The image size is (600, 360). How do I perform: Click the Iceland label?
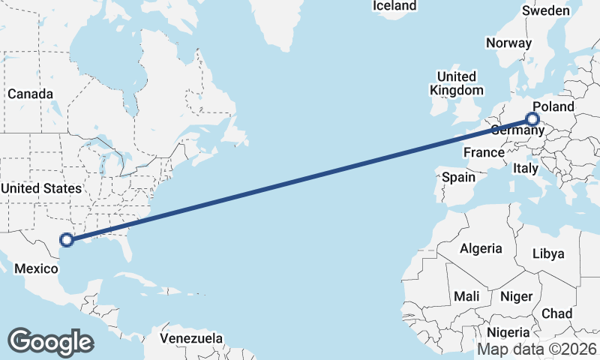pyautogui.click(x=394, y=6)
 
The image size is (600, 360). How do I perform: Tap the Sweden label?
pyautogui.click(x=546, y=11)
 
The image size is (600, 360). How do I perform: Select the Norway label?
pyautogui.click(x=508, y=43)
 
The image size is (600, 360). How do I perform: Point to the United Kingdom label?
pyautogui.click(x=456, y=83)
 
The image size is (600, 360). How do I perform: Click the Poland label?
pyautogui.click(x=553, y=106)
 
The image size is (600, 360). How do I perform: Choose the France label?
pyautogui.click(x=484, y=153)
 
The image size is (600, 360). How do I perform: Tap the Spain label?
pyautogui.click(x=458, y=178)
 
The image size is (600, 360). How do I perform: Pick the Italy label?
pyautogui.click(x=526, y=169)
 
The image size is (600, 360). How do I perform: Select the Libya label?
pyautogui.click(x=547, y=253)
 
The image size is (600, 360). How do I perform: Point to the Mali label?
pyautogui.click(x=466, y=296)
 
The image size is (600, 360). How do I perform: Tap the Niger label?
pyautogui.click(x=516, y=296)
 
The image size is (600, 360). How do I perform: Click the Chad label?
pyautogui.click(x=556, y=313)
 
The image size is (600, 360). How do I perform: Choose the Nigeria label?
pyautogui.click(x=508, y=332)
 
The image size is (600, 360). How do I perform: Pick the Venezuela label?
pyautogui.click(x=192, y=338)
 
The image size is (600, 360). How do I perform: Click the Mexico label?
pyautogui.click(x=37, y=269)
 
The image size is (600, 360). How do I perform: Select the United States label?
pyautogui.click(x=41, y=188)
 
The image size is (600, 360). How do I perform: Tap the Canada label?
pyautogui.click(x=30, y=94)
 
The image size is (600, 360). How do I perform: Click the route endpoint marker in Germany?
pyautogui.click(x=532, y=118)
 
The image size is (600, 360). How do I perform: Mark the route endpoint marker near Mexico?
pyautogui.click(x=67, y=240)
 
